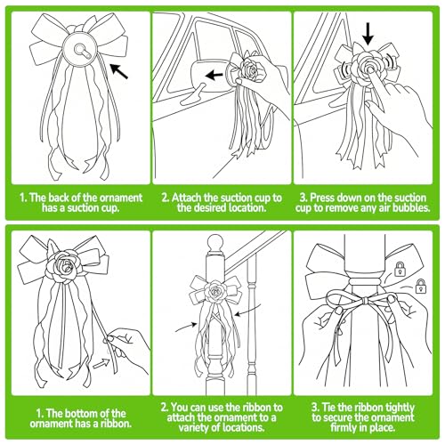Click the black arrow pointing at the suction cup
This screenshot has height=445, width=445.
click(118, 71)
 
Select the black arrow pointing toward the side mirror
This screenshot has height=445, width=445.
click(214, 75)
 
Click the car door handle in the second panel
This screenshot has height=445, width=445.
click(192, 95)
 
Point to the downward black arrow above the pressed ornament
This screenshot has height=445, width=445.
click(368, 35)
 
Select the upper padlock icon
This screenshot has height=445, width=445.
click(400, 269)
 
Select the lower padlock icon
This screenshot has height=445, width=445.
click(421, 286)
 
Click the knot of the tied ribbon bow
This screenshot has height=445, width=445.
click(366, 302)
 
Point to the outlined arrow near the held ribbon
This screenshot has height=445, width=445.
click(101, 363)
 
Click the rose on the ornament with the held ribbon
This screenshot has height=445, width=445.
click(63, 265)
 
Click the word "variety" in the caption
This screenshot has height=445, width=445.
click(195, 427)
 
